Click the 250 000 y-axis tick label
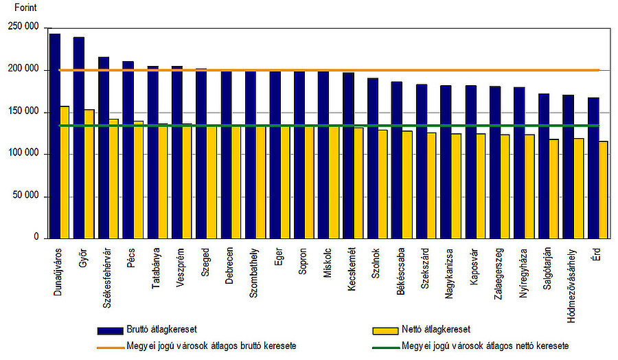pyautogui.click(x=24, y=27)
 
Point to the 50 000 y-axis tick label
pyautogui.click(x=26, y=196)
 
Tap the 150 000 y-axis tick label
pyautogui.click(x=24, y=112)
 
